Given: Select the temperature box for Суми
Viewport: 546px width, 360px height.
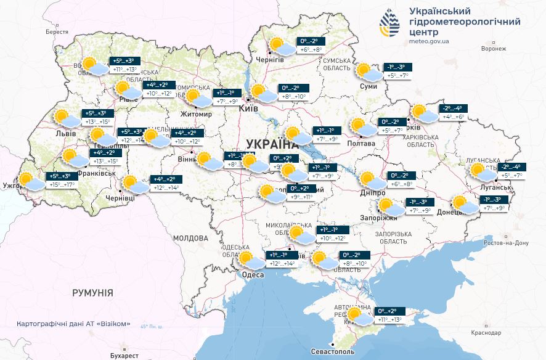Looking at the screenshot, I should coord(395,71).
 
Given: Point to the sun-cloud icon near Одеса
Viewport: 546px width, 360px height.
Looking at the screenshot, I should coord(247,260).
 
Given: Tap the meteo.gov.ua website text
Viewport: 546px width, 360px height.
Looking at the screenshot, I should coord(429,41).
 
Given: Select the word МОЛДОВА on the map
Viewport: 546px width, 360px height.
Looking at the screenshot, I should coord(190,238).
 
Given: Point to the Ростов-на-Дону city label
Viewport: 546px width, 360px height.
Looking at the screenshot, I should coord(507,243).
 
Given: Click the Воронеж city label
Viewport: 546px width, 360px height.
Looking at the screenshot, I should coord(494,48).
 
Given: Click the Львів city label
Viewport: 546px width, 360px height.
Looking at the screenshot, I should coord(65,134).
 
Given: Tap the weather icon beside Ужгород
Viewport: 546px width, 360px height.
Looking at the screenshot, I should coord(28,181).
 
